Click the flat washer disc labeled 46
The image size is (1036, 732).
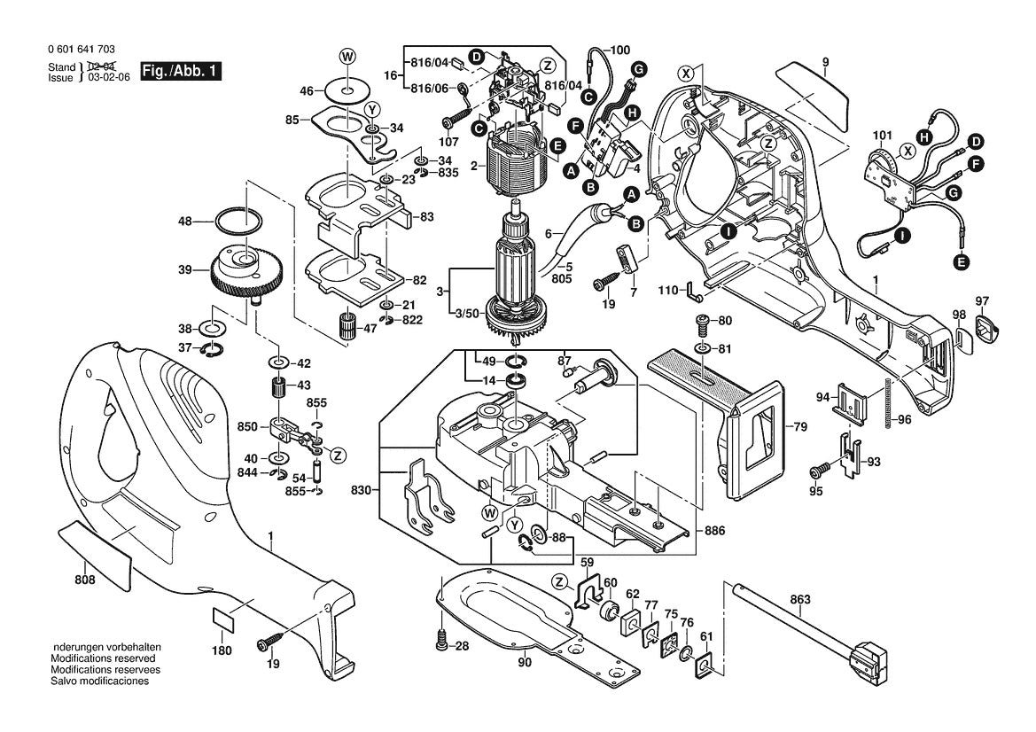[347, 90]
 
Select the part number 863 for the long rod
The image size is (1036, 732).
[799, 599]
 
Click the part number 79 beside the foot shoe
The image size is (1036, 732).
[799, 428]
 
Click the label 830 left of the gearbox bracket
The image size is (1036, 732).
[360, 489]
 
